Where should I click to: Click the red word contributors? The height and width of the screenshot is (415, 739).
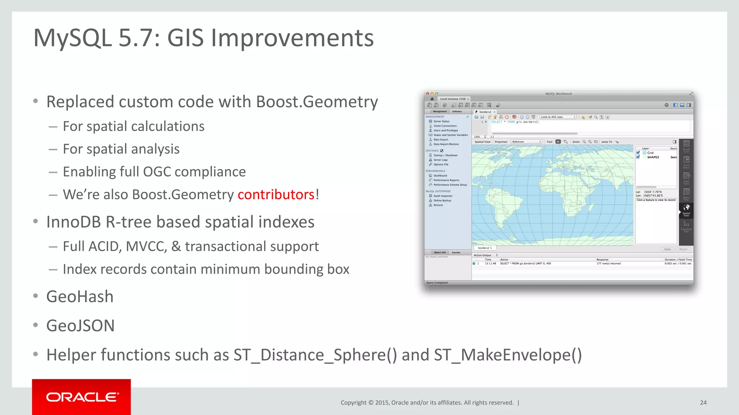pyautogui.click(x=276, y=195)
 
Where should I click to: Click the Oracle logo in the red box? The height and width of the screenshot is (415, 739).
pyautogui.click(x=82, y=397)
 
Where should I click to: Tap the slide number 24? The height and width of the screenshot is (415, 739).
pyautogui.click(x=703, y=402)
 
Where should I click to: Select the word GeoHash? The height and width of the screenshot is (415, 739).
pyautogui.click(x=80, y=297)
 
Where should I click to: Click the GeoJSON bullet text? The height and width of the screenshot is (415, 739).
pyautogui.click(x=80, y=326)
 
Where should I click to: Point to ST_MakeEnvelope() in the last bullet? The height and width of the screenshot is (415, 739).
pyautogui.click(x=508, y=355)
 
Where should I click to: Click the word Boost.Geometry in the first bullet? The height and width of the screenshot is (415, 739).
pyautogui.click(x=317, y=102)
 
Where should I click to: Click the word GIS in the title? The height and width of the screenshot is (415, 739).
pyautogui.click(x=185, y=38)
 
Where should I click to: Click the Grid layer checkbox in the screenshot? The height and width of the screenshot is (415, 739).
pyautogui.click(x=638, y=153)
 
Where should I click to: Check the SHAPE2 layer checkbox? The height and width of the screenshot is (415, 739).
pyautogui.click(x=638, y=157)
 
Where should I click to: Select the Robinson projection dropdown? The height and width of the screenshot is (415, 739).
pyautogui.click(x=526, y=142)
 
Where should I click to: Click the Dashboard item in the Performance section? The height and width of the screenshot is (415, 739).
pyautogui.click(x=440, y=176)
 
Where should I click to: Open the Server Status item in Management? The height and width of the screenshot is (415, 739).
pyautogui.click(x=441, y=121)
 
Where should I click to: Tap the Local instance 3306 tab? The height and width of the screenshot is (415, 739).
pyautogui.click(x=452, y=99)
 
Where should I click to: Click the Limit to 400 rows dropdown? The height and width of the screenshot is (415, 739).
pyautogui.click(x=557, y=117)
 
